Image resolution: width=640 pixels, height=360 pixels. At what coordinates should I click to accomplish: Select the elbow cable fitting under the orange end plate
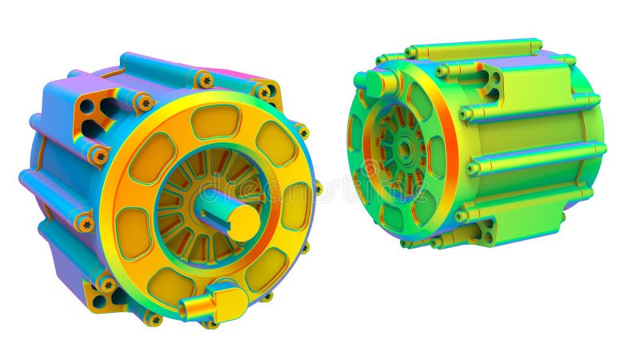215,303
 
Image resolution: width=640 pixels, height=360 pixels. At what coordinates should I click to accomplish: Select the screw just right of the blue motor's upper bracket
144,102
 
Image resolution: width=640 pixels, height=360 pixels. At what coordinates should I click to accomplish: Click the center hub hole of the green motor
405,148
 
